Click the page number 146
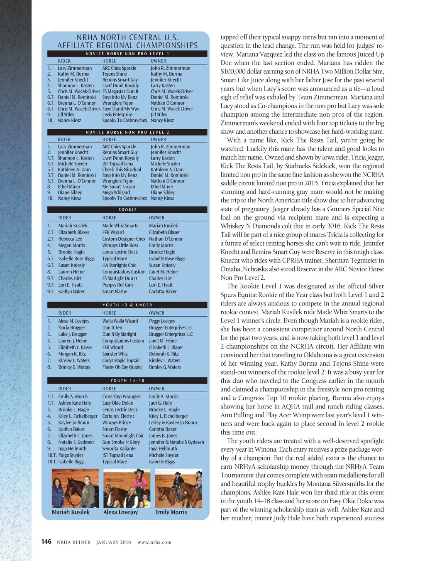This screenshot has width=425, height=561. coord(46,541)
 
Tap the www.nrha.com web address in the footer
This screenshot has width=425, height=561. coord(154,542)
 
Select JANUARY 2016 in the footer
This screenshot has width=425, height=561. coord(113,542)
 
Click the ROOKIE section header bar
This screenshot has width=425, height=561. coord(127,209)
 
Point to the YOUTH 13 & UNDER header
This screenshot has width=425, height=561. coord(127,305)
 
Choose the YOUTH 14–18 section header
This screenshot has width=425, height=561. coord(127,381)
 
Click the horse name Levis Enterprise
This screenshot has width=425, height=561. coord(117,115)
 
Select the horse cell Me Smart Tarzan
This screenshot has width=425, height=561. coord(119,187)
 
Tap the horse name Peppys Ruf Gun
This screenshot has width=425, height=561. coord(117,285)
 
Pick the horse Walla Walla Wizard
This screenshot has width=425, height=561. coord(120,321)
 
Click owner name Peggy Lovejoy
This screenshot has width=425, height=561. coord(162,321)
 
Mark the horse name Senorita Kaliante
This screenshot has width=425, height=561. coord(119,449)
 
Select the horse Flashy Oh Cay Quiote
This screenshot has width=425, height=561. coord(122,367)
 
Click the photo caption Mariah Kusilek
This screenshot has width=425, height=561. coord(71,512)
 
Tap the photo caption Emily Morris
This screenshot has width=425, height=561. coord(171,512)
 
